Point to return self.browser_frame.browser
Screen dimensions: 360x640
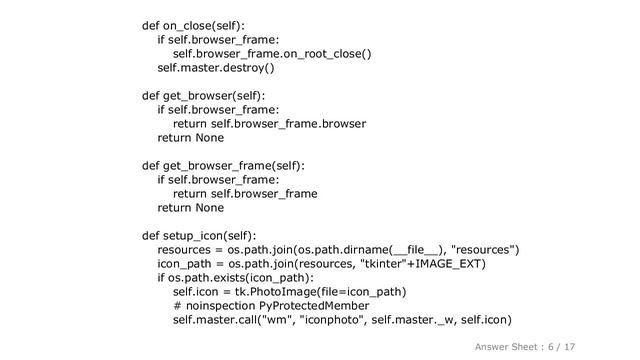click(x=268, y=124)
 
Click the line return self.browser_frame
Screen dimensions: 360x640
click(x=245, y=194)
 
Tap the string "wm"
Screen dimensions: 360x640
click(x=275, y=320)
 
